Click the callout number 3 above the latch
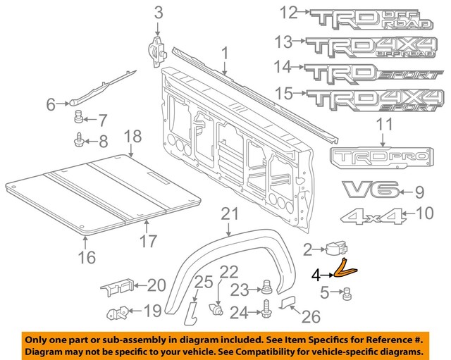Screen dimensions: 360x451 click(x=158, y=11)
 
